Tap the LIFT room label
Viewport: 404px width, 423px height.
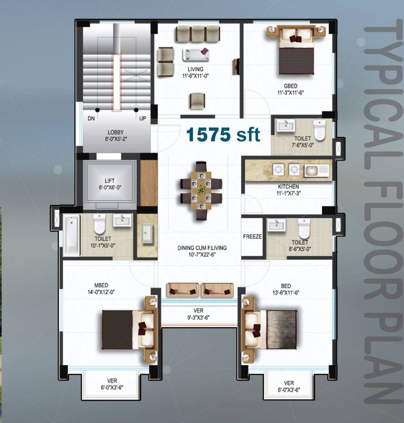pyautogui.click(x=110, y=181)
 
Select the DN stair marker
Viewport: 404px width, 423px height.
pyautogui.click(x=91, y=118)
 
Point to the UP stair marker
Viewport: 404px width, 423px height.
pyautogui.click(x=143, y=118)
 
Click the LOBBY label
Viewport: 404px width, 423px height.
pyautogui.click(x=116, y=132)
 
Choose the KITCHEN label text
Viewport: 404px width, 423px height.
pyautogui.click(x=288, y=186)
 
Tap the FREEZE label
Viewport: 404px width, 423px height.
pyautogui.click(x=252, y=237)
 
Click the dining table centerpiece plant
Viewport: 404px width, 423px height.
pyautogui.click(x=201, y=189)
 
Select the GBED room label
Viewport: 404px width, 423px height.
pyautogui.click(x=290, y=86)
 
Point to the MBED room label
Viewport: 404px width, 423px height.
pyautogui.click(x=101, y=285)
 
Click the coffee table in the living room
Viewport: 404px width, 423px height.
pyautogui.click(x=196, y=54)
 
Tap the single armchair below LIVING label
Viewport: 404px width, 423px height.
pyautogui.click(x=197, y=101)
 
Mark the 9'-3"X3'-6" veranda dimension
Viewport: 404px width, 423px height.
pyautogui.click(x=199, y=318)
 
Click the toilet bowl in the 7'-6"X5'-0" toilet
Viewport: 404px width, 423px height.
pyautogui.click(x=320, y=130)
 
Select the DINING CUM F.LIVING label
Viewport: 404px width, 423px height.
pyautogui.click(x=202, y=248)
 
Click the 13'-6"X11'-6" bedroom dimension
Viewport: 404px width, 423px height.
pyautogui.click(x=286, y=292)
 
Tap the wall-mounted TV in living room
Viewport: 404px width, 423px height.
pyautogui.click(x=235, y=67)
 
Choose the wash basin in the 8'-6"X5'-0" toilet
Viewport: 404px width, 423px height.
pyautogui.click(x=276, y=225)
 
